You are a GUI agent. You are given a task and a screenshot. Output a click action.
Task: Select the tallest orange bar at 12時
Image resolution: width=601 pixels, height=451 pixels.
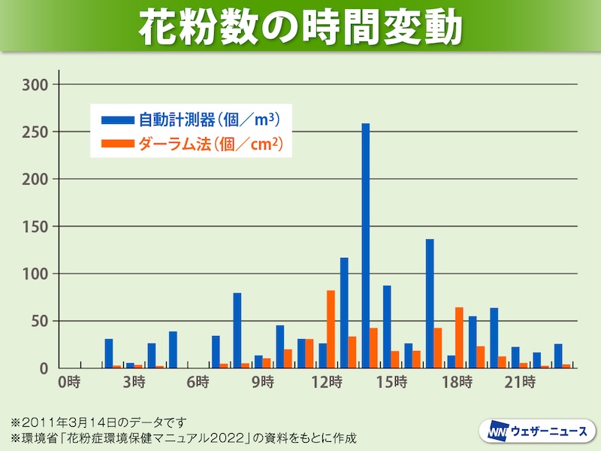(x=331, y=329)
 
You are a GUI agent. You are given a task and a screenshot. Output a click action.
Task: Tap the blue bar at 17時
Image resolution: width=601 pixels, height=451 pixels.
(x=430, y=304)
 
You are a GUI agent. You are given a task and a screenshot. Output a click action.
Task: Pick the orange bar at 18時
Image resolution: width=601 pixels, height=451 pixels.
(x=459, y=337)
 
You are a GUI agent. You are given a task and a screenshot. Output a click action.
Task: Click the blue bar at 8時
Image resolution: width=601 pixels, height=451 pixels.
(x=237, y=331)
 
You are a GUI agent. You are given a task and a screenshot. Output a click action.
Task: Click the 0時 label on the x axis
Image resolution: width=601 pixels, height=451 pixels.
(x=69, y=383)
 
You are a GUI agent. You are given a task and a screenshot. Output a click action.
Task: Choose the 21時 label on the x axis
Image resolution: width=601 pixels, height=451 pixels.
(x=518, y=383)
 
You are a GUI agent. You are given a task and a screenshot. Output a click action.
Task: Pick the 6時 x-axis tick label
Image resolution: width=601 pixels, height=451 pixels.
(x=198, y=383)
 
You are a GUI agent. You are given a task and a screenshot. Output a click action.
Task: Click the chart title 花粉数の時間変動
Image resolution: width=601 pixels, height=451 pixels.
(x=300, y=26)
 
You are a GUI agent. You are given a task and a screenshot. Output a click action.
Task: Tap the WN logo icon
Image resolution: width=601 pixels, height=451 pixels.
(x=496, y=431)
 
